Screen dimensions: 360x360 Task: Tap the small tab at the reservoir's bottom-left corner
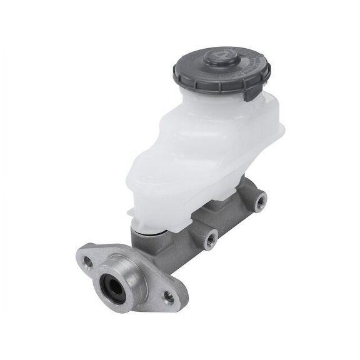(x=132, y=216)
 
